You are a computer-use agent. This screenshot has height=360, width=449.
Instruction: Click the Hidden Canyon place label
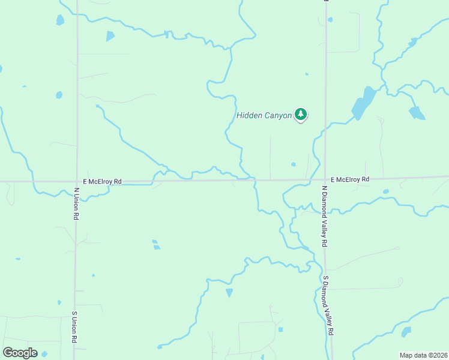[x=264, y=115]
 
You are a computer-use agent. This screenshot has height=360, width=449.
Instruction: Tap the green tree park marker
[x=301, y=114]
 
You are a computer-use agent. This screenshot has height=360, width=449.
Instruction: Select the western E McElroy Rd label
[x=103, y=181]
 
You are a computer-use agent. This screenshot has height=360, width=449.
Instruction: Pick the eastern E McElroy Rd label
[x=350, y=179]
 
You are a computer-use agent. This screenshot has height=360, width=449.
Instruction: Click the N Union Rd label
[x=77, y=203]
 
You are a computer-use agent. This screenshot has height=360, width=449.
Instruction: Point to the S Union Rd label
[x=75, y=327]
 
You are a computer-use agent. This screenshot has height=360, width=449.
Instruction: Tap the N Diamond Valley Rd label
[x=324, y=216]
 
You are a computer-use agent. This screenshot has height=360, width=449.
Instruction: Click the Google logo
[x=20, y=353]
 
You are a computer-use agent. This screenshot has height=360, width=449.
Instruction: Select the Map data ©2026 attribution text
[x=423, y=355]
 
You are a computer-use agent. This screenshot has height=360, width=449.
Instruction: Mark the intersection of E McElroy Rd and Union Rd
[x=76, y=181]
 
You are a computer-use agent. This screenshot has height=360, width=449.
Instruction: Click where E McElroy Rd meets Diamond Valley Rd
[x=325, y=179]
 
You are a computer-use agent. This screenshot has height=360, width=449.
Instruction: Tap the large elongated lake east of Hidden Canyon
[x=363, y=103]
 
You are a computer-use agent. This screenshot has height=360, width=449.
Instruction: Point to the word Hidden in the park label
[x=249, y=115]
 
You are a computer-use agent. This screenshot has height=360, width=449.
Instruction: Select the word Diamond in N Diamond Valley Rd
[x=324, y=209]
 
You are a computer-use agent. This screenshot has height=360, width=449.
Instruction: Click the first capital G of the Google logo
[x=8, y=353]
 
